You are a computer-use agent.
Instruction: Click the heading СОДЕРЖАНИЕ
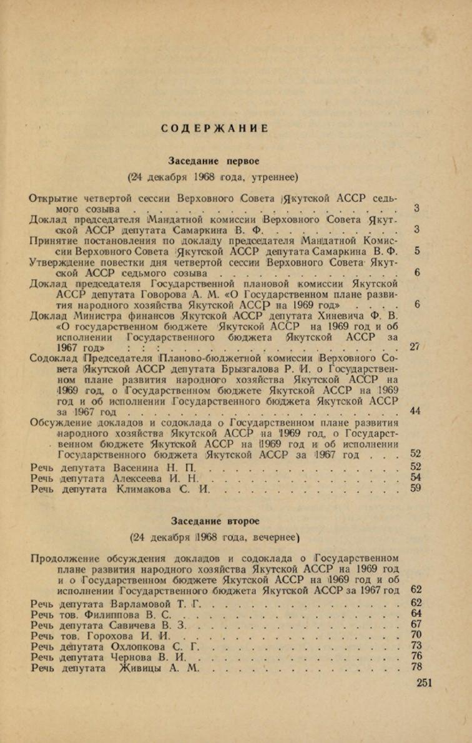[214, 128]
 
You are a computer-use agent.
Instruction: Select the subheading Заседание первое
[214, 161]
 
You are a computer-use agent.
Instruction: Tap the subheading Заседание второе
[214, 520]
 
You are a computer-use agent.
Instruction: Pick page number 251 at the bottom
[424, 682]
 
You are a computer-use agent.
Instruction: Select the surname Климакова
[144, 489]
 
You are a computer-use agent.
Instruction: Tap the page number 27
[414, 347]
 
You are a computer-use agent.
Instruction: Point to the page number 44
[415, 411]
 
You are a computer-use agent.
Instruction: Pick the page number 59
[416, 489]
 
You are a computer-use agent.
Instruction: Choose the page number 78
[416, 667]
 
